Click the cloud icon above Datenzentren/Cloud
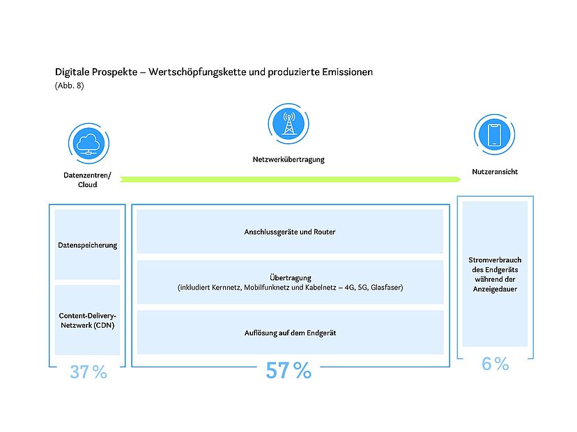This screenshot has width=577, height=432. (89, 143)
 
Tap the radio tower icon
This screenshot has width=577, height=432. (288, 123)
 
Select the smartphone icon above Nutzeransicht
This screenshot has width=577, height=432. (494, 134)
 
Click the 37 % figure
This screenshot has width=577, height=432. (89, 371)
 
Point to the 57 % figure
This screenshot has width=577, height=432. (288, 370)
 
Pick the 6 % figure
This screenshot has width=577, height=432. (495, 364)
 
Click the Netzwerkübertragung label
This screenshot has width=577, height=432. (288, 159)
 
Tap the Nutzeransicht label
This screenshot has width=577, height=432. (495, 172)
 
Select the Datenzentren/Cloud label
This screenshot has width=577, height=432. (87, 179)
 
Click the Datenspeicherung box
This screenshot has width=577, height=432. (87, 245)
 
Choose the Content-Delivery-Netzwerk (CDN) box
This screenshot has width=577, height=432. (87, 320)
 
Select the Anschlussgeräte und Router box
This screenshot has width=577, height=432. (290, 232)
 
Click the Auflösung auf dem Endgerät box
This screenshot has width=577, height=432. (291, 333)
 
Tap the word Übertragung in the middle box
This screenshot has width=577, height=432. (291, 278)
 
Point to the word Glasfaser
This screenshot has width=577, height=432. (387, 287)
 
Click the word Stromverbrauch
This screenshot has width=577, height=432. (495, 259)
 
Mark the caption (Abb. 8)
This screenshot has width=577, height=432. (70, 86)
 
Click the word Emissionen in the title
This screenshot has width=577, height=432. (347, 72)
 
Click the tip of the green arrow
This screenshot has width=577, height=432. (461, 179)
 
